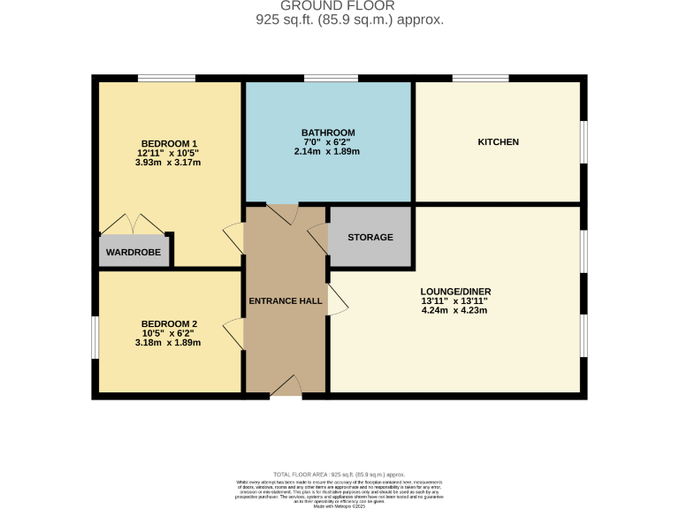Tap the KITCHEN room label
click(x=498, y=142)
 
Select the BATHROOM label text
click(x=327, y=133)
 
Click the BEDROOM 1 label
click(x=169, y=144)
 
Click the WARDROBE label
click(x=133, y=252)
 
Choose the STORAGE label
click(x=370, y=238)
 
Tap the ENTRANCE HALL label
click(x=285, y=301)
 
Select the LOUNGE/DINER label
click(x=455, y=292)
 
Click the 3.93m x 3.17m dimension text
click(x=169, y=163)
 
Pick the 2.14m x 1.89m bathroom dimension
click(x=327, y=152)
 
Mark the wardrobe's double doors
click(x=133, y=224)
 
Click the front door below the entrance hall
click(x=285, y=386)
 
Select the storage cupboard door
click(x=318, y=235)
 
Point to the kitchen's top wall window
click(x=480, y=79)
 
